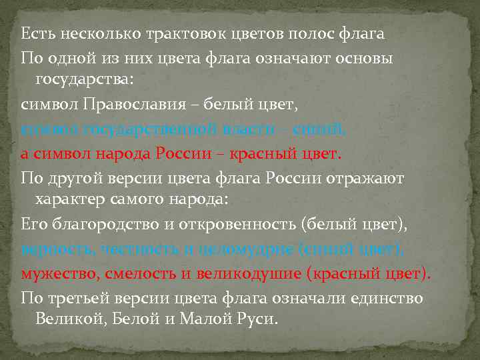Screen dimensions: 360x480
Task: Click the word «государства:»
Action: [x=83, y=79]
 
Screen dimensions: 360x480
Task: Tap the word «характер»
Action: [x=69, y=201]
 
